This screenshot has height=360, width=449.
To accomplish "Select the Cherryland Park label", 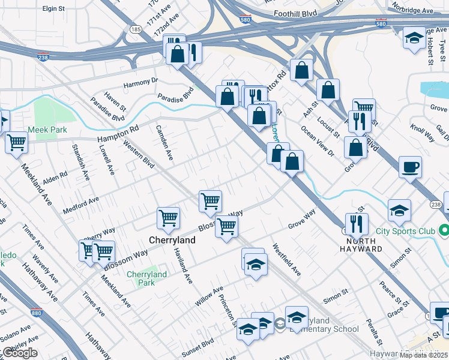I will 146,278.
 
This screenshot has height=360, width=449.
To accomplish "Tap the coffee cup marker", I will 410,167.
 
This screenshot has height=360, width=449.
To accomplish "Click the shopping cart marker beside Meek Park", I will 17,143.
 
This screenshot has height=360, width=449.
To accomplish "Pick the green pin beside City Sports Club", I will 444,230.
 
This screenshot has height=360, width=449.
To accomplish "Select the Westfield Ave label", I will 286,259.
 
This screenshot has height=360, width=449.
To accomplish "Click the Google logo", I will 20,353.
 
